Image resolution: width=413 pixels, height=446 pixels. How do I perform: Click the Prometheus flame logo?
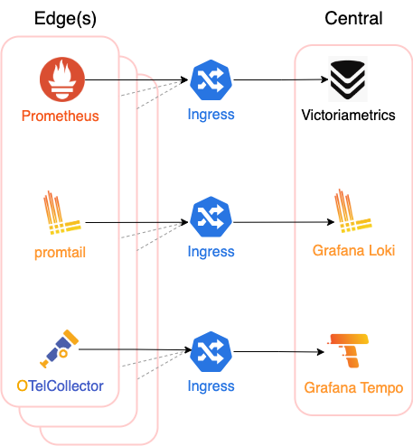pyautogui.click(x=62, y=79)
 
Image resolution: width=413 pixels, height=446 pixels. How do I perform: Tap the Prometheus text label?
pyautogui.click(x=61, y=116)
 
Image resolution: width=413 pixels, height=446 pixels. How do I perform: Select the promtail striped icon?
pyautogui.click(x=62, y=212)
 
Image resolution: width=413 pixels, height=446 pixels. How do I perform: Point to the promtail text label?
pyautogui.click(x=60, y=253)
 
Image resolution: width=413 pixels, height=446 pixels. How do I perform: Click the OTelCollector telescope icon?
pyautogui.click(x=60, y=348)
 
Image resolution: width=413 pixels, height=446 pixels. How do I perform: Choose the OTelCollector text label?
pyautogui.click(x=60, y=386)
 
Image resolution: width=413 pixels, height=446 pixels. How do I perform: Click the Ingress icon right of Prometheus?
pyautogui.click(x=211, y=80)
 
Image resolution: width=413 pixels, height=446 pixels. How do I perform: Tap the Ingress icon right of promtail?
pyautogui.click(x=211, y=217)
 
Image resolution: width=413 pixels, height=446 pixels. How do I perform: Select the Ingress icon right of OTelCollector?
pyautogui.click(x=211, y=351)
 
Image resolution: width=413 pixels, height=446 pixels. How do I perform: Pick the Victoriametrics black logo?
pyautogui.click(x=348, y=79)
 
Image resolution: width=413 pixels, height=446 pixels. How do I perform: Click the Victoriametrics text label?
pyautogui.click(x=348, y=115)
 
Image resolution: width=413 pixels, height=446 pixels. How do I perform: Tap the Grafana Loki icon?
pyautogui.click(x=353, y=210)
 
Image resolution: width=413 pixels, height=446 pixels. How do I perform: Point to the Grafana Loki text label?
pyautogui.click(x=353, y=250)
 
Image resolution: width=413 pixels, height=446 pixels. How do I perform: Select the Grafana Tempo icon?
pyautogui.click(x=348, y=350)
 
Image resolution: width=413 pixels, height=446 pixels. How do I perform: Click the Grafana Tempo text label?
pyautogui.click(x=353, y=388)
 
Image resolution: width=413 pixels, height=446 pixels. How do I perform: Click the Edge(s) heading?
pyautogui.click(x=65, y=19)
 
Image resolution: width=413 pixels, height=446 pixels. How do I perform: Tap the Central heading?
pyautogui.click(x=353, y=18)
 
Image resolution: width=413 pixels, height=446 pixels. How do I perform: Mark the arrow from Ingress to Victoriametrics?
pyautogui.click(x=281, y=79)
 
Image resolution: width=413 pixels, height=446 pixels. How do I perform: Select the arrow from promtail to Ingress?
pyautogui.click(x=136, y=222)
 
